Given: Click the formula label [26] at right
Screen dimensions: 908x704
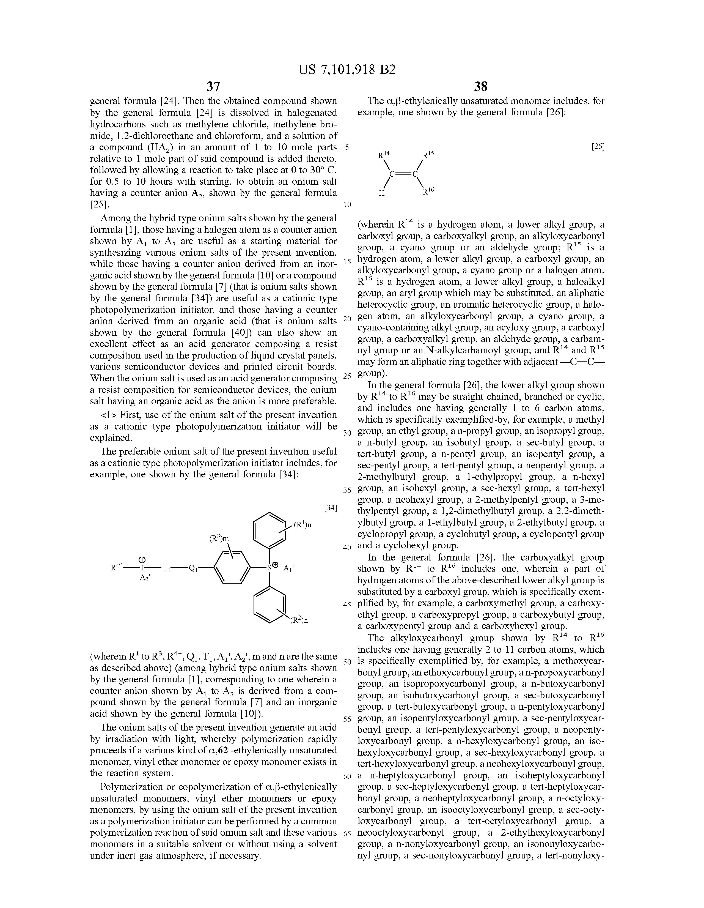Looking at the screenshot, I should (598, 146).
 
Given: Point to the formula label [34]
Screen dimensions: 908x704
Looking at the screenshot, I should (330, 508).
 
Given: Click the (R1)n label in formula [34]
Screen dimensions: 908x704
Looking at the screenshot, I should (302, 525).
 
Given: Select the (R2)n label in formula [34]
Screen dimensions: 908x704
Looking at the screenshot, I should (299, 621).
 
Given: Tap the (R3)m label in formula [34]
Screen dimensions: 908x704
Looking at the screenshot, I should (219, 539).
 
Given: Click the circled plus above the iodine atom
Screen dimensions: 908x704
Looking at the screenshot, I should (142, 559).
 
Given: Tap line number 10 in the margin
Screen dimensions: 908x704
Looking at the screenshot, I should (347, 204).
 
